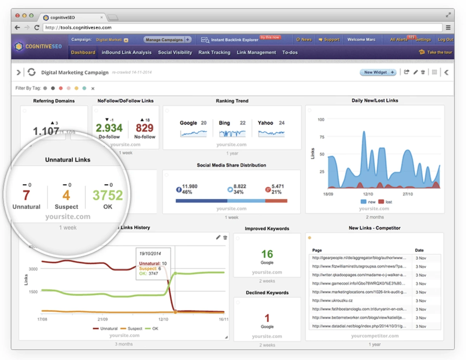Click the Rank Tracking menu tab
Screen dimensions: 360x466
click(214, 52)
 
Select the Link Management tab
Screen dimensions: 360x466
click(256, 52)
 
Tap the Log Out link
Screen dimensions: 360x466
click(445, 40)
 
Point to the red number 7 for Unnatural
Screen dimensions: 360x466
click(26, 195)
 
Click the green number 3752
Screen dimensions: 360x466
click(108, 195)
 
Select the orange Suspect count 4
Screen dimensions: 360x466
click(66, 195)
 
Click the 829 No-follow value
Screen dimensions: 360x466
click(145, 128)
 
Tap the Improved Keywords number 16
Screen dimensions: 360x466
click(267, 254)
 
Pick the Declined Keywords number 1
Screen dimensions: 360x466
click(267, 318)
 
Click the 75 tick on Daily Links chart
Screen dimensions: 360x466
click(321, 137)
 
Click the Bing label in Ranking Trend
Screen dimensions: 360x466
click(224, 123)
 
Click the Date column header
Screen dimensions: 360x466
click(419, 250)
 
